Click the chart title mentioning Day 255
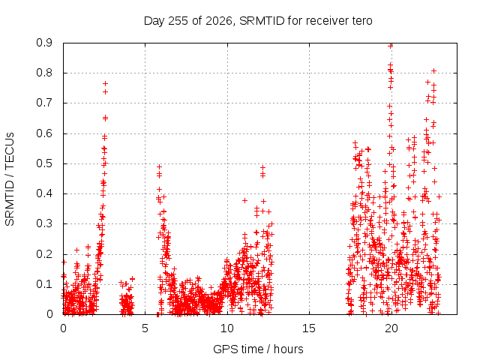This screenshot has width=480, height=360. click(258, 21)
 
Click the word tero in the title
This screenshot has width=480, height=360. click(361, 21)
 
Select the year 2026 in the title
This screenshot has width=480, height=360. click(219, 21)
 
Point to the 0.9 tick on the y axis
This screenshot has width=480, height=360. click(44, 43)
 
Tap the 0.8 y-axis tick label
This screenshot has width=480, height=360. click(44, 73)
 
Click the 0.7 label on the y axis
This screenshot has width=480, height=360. click(44, 103)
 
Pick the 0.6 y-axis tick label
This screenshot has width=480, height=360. click(44, 133)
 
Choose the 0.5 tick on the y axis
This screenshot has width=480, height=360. click(44, 163)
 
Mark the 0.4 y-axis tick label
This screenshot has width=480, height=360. click(44, 193)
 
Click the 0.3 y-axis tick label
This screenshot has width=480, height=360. click(44, 223)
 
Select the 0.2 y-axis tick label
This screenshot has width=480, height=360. click(44, 254)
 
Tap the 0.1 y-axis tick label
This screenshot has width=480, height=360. click(44, 284)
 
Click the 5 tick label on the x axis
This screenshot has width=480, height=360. click(145, 328)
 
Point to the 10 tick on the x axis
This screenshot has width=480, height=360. click(227, 328)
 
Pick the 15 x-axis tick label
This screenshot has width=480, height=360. click(309, 328)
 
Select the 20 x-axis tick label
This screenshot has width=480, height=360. click(391, 328)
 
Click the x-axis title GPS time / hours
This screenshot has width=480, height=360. click(258, 349)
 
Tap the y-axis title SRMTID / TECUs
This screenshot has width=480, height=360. click(10, 179)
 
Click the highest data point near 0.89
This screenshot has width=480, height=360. click(390, 46)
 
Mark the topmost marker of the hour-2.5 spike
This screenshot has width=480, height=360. click(105, 83)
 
